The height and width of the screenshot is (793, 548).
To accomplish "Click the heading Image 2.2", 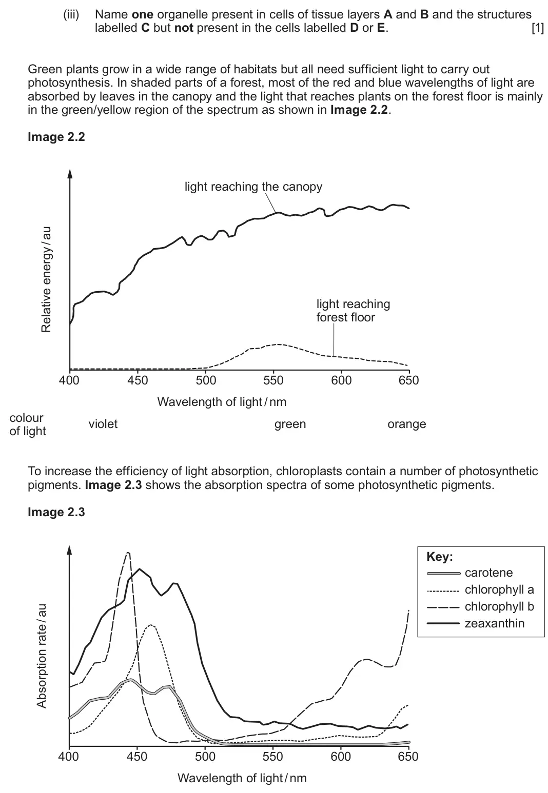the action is (56, 137).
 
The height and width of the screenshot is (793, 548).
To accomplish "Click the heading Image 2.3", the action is (56, 512).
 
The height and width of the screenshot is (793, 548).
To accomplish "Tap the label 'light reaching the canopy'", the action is (253, 187).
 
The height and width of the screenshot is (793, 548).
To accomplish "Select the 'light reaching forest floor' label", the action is (353, 311).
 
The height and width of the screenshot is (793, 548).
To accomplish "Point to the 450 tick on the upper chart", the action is (138, 380).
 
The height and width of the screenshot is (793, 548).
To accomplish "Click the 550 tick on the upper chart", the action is (273, 380).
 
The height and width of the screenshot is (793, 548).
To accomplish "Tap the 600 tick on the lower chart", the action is (341, 757).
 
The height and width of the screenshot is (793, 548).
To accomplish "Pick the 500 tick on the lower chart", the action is (205, 757).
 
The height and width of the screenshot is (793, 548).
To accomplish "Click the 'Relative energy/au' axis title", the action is (46, 279).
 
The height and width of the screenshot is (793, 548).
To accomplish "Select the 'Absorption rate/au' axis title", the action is (42, 656).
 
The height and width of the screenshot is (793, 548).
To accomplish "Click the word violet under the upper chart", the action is (103, 424).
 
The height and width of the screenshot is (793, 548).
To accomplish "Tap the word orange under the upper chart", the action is (406, 424).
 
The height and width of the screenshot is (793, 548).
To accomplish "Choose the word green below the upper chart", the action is (290, 424).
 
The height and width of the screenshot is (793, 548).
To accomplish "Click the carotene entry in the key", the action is (489, 573).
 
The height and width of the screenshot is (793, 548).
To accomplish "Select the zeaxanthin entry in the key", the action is (495, 623).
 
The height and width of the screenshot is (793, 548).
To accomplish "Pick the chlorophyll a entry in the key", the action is (499, 590).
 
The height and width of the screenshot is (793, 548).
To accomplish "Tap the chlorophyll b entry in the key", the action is (499, 607).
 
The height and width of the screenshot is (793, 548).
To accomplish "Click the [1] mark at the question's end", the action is (538, 28).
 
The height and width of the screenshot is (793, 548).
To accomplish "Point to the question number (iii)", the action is (71, 14).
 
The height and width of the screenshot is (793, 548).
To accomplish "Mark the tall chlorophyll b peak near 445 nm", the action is (128, 553).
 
